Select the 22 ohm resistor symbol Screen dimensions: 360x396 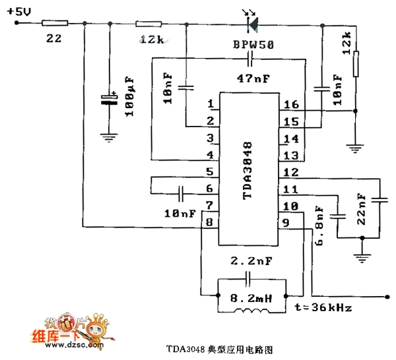(x=52, y=23)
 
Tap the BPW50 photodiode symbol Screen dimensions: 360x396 (x=251, y=23)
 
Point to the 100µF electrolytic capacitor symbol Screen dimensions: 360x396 (x=110, y=100)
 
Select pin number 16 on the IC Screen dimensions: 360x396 (x=291, y=104)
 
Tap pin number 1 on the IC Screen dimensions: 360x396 (x=211, y=104)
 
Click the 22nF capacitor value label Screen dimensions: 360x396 (x=361, y=209)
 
